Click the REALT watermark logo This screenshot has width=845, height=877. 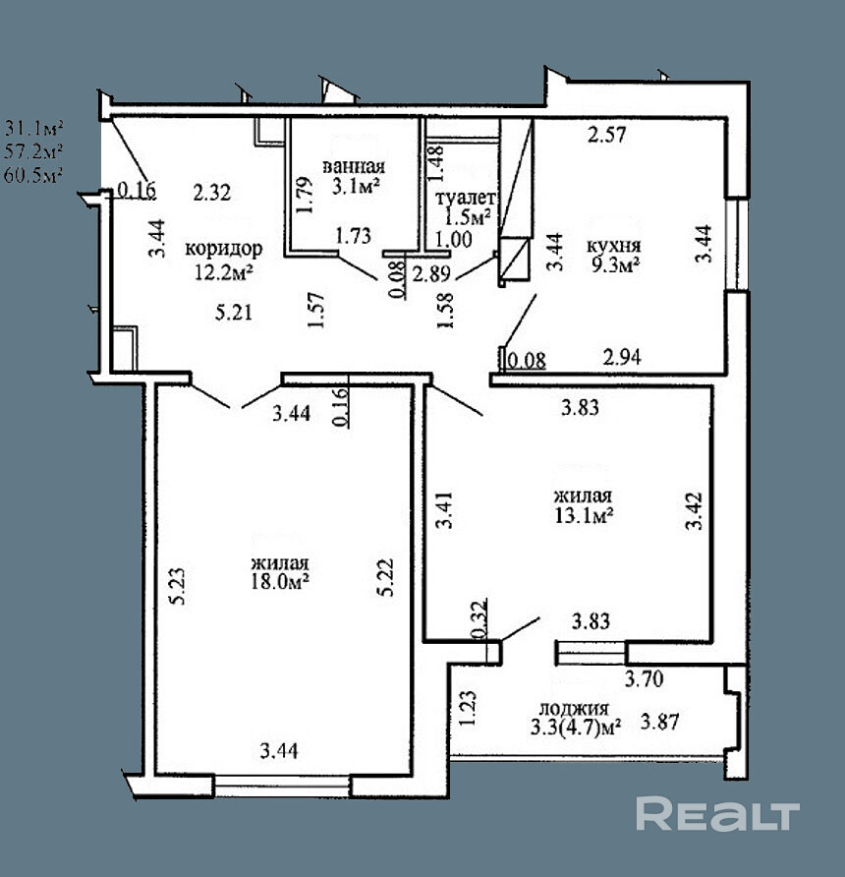pyautogui.click(x=717, y=815)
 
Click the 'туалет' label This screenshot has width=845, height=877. pyautogui.click(x=466, y=198)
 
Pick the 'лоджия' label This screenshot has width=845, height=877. pyautogui.click(x=574, y=708)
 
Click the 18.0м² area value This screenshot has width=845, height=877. pyautogui.click(x=281, y=582)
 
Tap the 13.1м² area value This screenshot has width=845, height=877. pyautogui.click(x=584, y=514)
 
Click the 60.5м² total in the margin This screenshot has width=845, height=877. pyautogui.click(x=34, y=174)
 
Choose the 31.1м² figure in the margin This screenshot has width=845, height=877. pyautogui.click(x=34, y=127)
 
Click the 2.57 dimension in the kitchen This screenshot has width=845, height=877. pyautogui.click(x=606, y=136)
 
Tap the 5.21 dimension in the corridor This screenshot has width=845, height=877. pyautogui.click(x=234, y=314)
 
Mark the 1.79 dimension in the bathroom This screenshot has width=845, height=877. pyautogui.click(x=305, y=196)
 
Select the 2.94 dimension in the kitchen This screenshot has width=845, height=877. pyautogui.click(x=623, y=358)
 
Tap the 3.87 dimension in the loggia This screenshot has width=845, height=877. pyautogui.click(x=661, y=722)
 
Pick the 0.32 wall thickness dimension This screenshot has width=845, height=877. pyautogui.click(x=479, y=621)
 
